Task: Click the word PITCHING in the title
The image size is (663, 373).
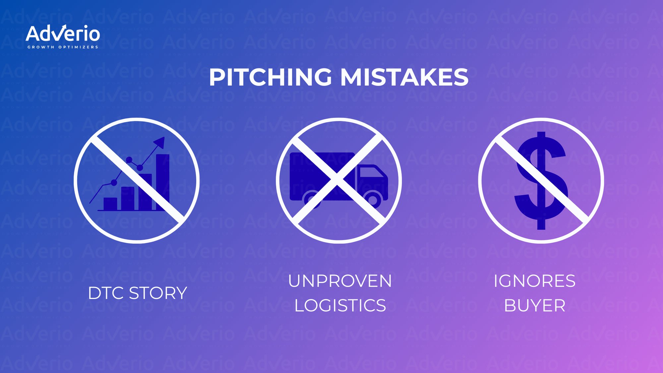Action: tap(270, 77)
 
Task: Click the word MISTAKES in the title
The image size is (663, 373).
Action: tap(404, 77)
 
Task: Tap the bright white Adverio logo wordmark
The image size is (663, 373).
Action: tap(63, 34)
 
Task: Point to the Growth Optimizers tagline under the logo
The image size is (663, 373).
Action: tap(63, 47)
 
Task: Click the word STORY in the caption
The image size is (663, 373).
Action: tap(158, 293)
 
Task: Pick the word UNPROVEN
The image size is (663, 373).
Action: tap(340, 281)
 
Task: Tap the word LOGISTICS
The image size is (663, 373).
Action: tap(340, 305)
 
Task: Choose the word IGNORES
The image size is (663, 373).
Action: tap(534, 281)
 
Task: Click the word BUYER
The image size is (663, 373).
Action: tap(534, 305)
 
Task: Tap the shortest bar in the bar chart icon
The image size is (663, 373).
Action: tap(110, 204)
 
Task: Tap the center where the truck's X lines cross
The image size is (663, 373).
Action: tap(337, 179)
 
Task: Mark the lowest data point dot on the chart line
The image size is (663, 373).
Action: tap(114, 182)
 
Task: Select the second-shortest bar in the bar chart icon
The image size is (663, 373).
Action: tap(128, 198)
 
